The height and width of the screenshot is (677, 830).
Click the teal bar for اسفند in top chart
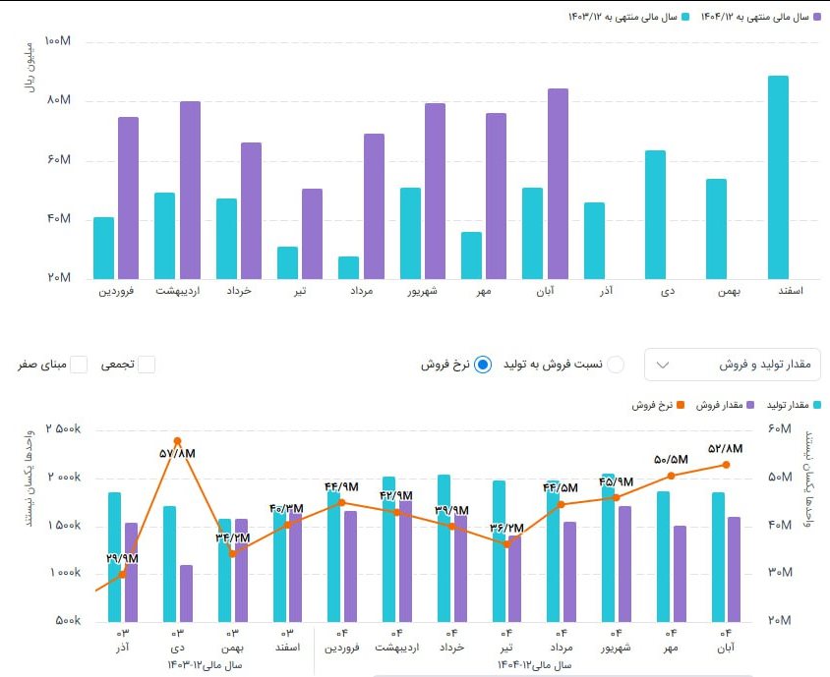click(x=778, y=177)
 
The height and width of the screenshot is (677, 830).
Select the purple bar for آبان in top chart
click(x=558, y=183)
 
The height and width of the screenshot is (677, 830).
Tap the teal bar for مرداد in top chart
click(x=348, y=267)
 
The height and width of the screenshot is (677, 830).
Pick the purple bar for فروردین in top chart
click(x=128, y=197)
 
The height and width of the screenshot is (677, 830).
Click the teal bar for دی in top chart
click(x=655, y=214)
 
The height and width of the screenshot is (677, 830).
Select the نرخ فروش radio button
click(x=483, y=365)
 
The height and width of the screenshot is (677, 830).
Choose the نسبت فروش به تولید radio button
click(x=615, y=365)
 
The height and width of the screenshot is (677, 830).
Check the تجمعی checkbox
click(x=147, y=365)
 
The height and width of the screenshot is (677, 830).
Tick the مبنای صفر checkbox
click(x=79, y=365)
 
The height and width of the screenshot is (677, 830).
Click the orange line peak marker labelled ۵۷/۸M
click(x=177, y=441)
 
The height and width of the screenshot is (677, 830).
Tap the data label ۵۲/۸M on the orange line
click(x=725, y=448)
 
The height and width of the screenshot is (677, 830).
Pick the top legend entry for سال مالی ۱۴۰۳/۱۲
click(x=625, y=17)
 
